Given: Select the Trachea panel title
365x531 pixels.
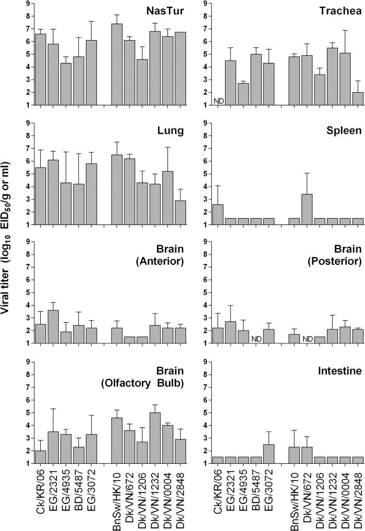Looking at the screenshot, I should click(x=333, y=11).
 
